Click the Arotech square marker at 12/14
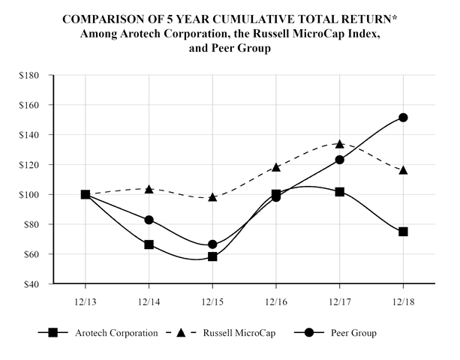tap(149, 244)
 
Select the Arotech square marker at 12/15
tap(212, 256)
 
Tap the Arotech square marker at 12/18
tap(404, 232)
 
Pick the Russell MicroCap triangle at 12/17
tap(340, 144)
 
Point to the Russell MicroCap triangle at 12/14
tap(149, 189)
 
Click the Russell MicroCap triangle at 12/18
tap(404, 170)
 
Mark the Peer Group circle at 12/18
tap(404, 118)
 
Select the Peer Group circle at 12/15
tap(212, 244)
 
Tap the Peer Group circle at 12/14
tap(149, 220)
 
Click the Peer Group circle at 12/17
tap(340, 160)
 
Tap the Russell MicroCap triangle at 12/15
tap(212, 197)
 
